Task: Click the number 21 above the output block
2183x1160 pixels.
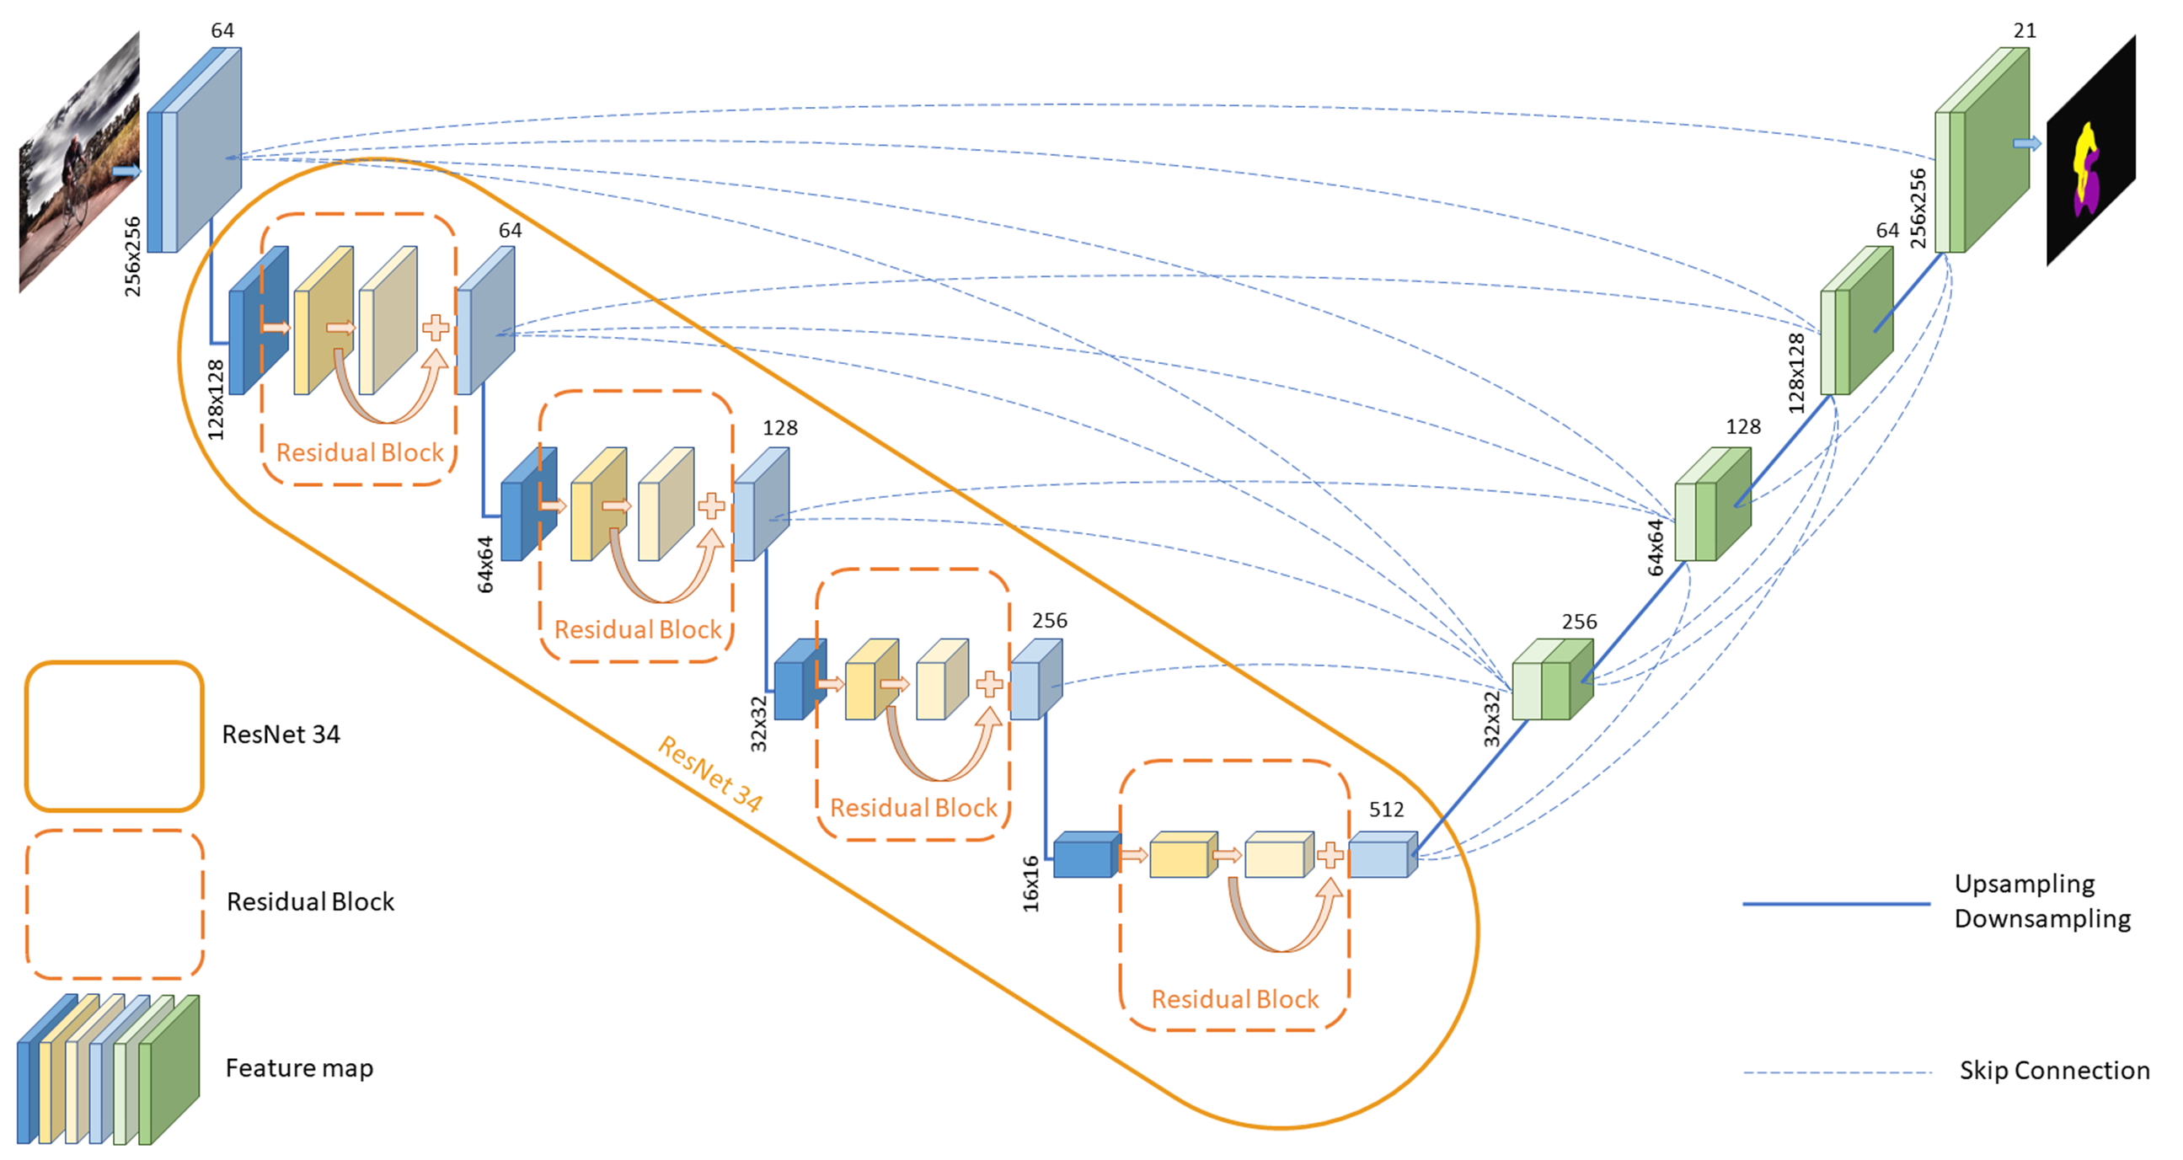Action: (x=2025, y=30)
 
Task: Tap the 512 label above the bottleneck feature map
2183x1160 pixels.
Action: (x=1387, y=810)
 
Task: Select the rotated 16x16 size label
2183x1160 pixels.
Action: (x=1030, y=883)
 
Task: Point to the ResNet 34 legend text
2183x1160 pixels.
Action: (x=281, y=734)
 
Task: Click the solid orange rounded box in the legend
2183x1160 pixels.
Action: (x=115, y=735)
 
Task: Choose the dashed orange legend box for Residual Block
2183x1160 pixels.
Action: (x=115, y=903)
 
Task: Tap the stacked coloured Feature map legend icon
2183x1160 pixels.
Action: (x=109, y=1069)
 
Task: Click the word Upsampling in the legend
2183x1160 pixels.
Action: (x=2025, y=883)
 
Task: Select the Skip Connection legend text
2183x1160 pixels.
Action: (x=2054, y=1070)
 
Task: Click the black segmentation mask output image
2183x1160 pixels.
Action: (x=2089, y=152)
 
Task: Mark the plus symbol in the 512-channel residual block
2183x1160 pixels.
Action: (x=1330, y=855)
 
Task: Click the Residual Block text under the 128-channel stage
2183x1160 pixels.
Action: (x=637, y=629)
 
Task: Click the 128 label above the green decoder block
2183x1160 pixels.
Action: (x=1743, y=426)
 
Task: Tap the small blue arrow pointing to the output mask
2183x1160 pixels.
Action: (x=2027, y=143)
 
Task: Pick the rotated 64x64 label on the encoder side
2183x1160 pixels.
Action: (x=484, y=564)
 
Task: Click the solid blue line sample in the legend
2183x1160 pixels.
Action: (x=1836, y=903)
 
